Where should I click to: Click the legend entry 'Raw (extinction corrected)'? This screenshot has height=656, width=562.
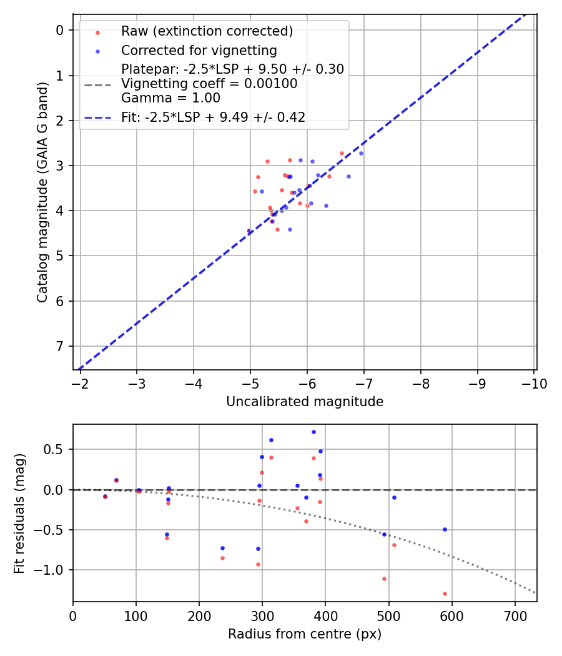coord(207,31)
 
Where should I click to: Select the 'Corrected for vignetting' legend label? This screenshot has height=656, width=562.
coord(199,50)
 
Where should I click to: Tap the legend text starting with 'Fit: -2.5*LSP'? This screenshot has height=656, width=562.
coord(213,117)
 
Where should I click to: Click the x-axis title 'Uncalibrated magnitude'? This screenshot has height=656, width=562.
coord(305,402)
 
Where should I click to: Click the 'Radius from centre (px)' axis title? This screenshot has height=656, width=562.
coord(305,635)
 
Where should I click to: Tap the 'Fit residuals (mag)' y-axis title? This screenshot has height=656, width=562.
coord(20,513)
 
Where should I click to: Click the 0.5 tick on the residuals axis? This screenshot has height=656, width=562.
coord(57,449)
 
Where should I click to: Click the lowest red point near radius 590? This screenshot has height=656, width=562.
coord(445,594)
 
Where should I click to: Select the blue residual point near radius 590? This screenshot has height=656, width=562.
coord(445,529)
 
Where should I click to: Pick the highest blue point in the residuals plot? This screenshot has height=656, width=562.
coord(313,432)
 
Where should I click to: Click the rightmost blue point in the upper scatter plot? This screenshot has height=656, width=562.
coord(361,153)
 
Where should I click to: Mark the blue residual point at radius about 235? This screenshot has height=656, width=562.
coord(222,548)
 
